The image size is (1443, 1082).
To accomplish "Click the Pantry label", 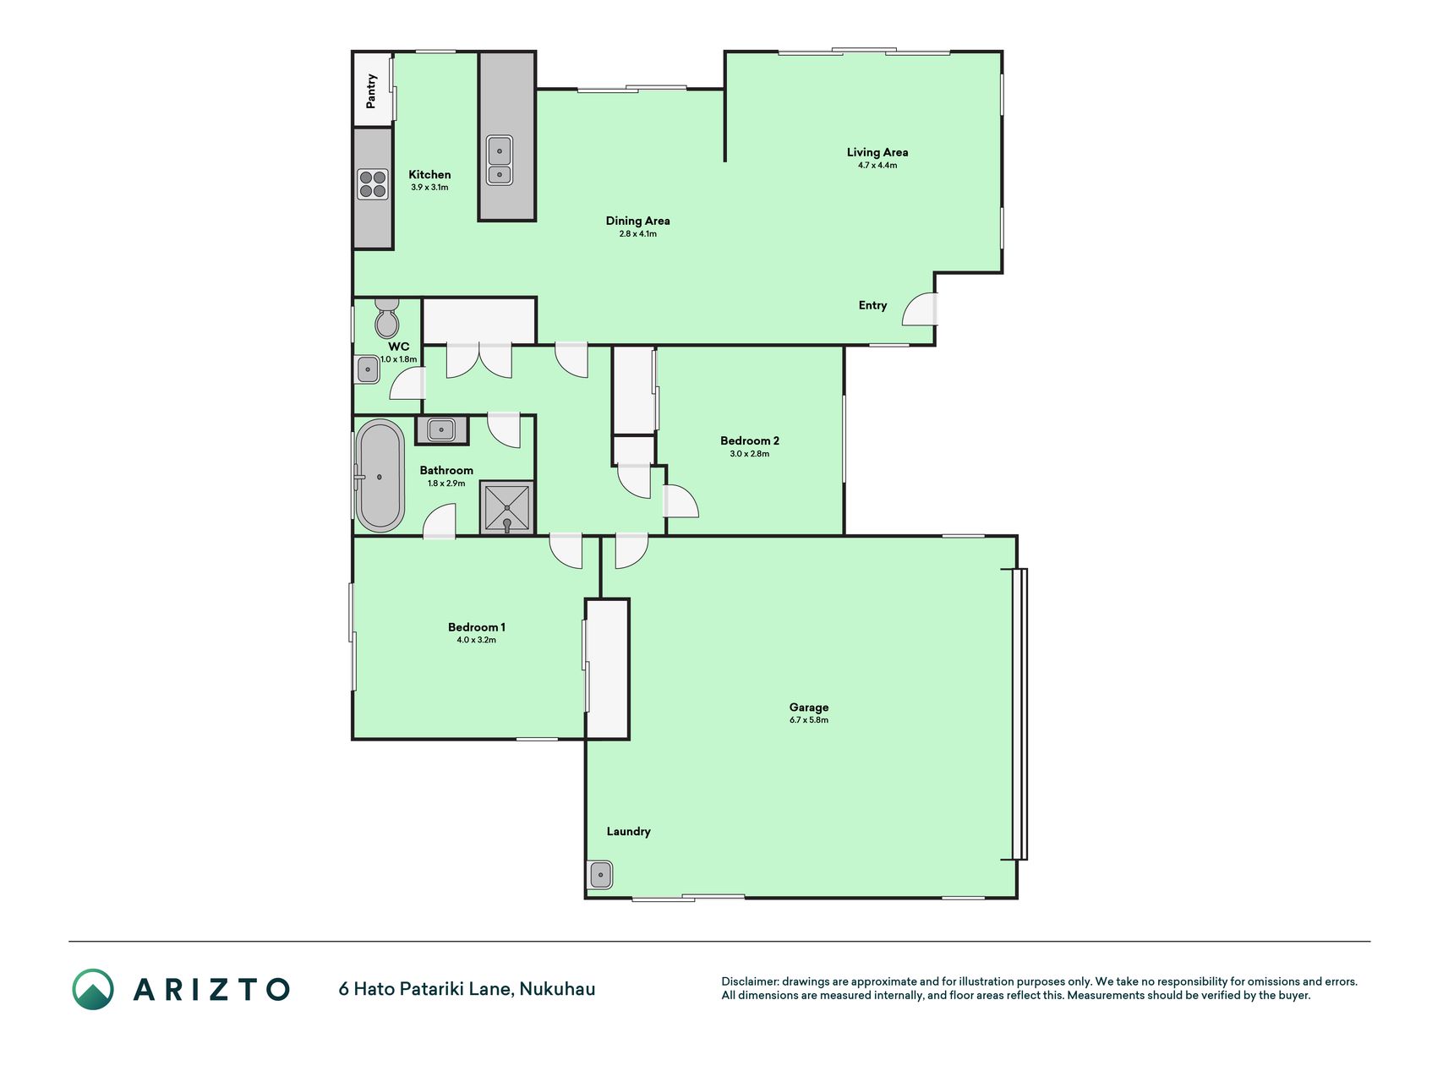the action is (371, 91).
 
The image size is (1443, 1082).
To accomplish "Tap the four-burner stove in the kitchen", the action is (373, 184).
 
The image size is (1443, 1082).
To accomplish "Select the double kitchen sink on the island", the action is (499, 161).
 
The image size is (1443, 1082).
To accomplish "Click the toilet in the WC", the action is (387, 317).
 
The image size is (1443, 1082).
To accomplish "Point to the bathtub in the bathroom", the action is (380, 476).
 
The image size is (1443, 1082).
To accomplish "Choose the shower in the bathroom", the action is (507, 507).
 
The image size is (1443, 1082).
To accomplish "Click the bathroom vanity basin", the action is (441, 430).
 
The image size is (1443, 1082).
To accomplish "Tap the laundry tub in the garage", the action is (600, 874).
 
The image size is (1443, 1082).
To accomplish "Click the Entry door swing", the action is (920, 309).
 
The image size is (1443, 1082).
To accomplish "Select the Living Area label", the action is (877, 152).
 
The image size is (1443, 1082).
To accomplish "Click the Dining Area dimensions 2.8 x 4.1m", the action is (637, 234).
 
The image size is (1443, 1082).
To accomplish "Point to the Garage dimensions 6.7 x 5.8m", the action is (809, 720).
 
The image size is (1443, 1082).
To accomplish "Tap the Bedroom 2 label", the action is (750, 440).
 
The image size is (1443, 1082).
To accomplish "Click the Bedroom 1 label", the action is (477, 627).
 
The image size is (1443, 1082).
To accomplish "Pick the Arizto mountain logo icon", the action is (93, 989).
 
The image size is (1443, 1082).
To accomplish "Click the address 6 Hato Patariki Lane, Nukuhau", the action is (467, 989).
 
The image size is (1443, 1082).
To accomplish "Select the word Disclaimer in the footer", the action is (750, 981).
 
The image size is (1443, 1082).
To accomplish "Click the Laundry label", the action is (629, 832).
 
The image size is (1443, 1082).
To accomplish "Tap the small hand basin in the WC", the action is (367, 369).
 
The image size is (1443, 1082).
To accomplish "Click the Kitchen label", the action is (429, 175).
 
